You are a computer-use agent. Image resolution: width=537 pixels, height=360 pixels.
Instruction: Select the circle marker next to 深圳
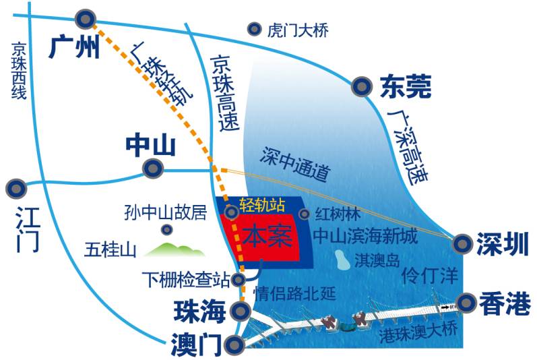click(x=462, y=243)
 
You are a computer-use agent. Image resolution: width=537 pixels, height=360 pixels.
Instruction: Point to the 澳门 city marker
click(x=234, y=345)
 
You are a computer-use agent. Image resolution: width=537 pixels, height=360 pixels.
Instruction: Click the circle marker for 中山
click(x=152, y=168)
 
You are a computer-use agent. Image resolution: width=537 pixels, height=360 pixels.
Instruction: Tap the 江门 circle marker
click(x=15, y=187)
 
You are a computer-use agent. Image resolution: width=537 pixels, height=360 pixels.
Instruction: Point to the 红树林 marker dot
click(x=305, y=214)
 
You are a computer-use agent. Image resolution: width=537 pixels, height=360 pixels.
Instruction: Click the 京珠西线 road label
click(x=18, y=71)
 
